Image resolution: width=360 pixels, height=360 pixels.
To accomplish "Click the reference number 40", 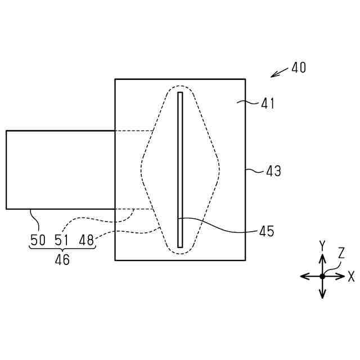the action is (299, 67).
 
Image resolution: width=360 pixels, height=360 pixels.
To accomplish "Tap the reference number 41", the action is (268, 103).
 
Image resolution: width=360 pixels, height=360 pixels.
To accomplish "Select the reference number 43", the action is (274, 171).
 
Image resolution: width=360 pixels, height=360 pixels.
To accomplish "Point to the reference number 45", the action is (267, 231).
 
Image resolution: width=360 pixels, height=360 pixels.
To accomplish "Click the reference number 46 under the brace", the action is (62, 260).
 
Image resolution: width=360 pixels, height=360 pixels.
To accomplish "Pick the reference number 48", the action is (86, 240).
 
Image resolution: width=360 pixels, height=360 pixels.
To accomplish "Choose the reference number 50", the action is (38, 240).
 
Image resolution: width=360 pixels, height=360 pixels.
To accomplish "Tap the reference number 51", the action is (61, 240).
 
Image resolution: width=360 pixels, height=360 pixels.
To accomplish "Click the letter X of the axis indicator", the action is (351, 276).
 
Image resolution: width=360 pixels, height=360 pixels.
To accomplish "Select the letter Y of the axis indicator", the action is (322, 246).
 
